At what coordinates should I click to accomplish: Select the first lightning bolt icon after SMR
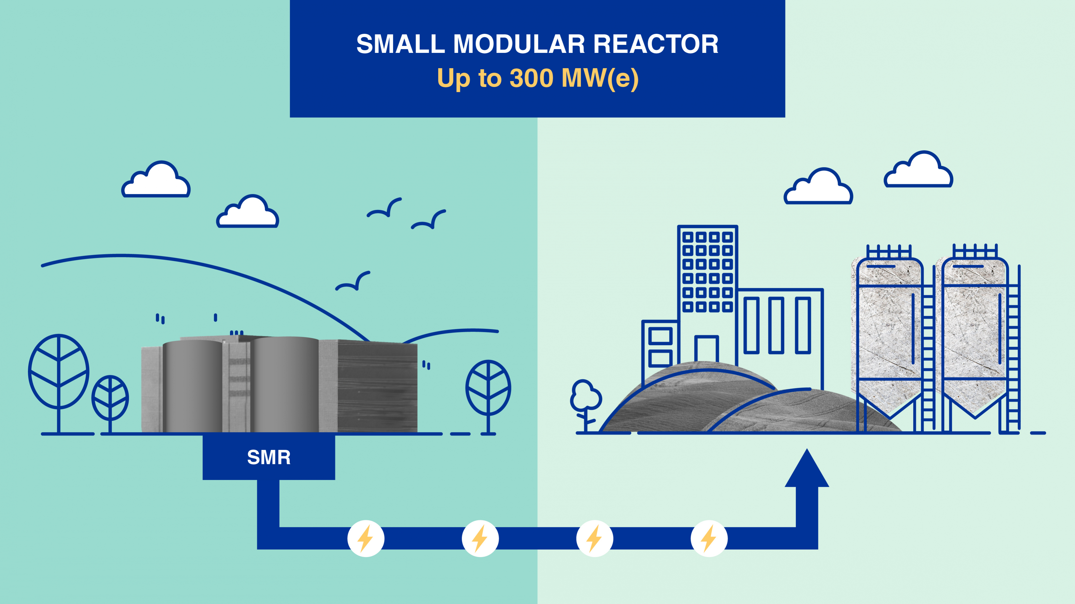coord(365,538)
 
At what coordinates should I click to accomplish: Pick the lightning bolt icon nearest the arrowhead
coord(709,538)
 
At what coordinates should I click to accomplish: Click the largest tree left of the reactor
coord(58,371)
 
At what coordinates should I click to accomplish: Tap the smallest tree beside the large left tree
coord(110,398)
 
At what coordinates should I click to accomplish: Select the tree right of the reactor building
coord(488,388)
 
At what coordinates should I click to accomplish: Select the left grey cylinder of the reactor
coord(192,386)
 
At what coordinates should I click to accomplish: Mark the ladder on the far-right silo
coord(1013,359)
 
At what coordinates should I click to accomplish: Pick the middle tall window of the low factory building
coord(776,325)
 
